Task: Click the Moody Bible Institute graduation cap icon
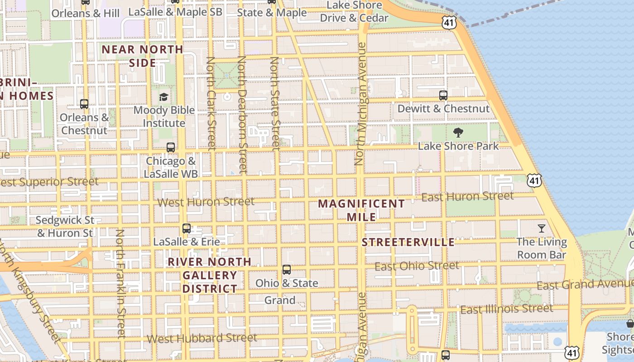click(x=163, y=97)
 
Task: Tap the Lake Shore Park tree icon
click(x=458, y=133)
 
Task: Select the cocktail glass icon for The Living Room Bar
click(x=541, y=228)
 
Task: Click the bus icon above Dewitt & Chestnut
click(x=443, y=95)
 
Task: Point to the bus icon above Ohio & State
click(x=286, y=270)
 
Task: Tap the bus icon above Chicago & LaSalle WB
click(x=170, y=148)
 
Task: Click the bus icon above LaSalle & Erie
click(x=186, y=229)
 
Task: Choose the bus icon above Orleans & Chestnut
click(x=84, y=104)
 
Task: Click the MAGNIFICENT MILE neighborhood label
click(x=361, y=210)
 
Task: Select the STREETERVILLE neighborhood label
click(x=408, y=242)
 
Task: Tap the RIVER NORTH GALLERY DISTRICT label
click(x=210, y=275)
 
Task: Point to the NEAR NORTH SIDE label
click(x=142, y=56)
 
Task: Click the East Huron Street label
click(x=467, y=196)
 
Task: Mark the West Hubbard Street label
click(x=202, y=338)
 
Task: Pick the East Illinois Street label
click(x=506, y=309)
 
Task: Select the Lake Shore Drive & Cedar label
click(x=354, y=12)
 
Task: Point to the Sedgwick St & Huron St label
click(x=65, y=227)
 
